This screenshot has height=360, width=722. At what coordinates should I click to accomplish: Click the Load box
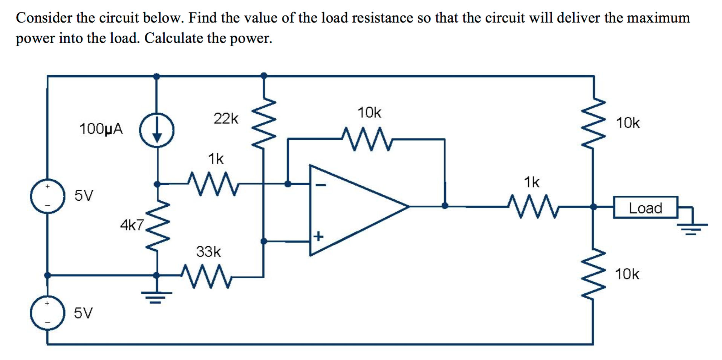tap(645, 207)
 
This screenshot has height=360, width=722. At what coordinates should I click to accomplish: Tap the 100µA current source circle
tap(157, 130)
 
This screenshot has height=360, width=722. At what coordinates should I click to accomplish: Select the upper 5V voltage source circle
tap(47, 196)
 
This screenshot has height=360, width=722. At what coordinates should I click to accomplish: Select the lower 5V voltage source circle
tap(47, 313)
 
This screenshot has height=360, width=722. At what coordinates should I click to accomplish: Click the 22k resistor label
tap(226, 119)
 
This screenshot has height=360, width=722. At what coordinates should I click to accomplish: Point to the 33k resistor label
tap(208, 252)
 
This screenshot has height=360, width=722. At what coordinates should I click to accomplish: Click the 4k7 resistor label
tap(132, 225)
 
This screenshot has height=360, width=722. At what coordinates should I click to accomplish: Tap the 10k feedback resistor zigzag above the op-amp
tap(367, 139)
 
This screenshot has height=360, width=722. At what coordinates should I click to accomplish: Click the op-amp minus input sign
tap(321, 185)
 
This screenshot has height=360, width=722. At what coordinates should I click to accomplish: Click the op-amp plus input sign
tap(319, 236)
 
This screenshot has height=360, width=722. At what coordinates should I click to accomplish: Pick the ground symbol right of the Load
tap(692, 228)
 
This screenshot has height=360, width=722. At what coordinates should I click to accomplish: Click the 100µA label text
tap(101, 129)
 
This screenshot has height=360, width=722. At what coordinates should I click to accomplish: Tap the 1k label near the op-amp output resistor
tap(531, 183)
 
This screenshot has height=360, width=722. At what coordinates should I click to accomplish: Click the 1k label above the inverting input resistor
tap(216, 159)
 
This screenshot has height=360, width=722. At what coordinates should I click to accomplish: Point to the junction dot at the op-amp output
tap(445, 206)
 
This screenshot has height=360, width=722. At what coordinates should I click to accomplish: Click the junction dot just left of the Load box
tap(594, 207)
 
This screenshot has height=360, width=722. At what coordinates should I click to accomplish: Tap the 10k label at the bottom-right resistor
tap(627, 274)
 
